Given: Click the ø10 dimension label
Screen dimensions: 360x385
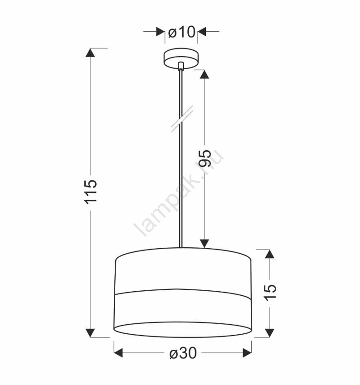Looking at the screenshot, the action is pyautogui.click(x=182, y=32).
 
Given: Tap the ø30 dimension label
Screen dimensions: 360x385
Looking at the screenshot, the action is pyautogui.click(x=183, y=353).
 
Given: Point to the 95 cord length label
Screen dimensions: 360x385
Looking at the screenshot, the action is pyautogui.click(x=205, y=158).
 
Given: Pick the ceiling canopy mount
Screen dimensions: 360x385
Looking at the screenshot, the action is pyautogui.click(x=181, y=58).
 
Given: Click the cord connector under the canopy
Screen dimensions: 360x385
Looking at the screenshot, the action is pyautogui.click(x=181, y=66).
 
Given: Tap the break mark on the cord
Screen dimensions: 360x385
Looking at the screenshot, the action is pyautogui.click(x=182, y=119).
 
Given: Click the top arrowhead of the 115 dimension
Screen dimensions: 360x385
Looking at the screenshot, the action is pyautogui.click(x=90, y=53).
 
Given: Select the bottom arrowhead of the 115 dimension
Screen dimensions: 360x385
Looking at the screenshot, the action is pyautogui.click(x=90, y=333).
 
